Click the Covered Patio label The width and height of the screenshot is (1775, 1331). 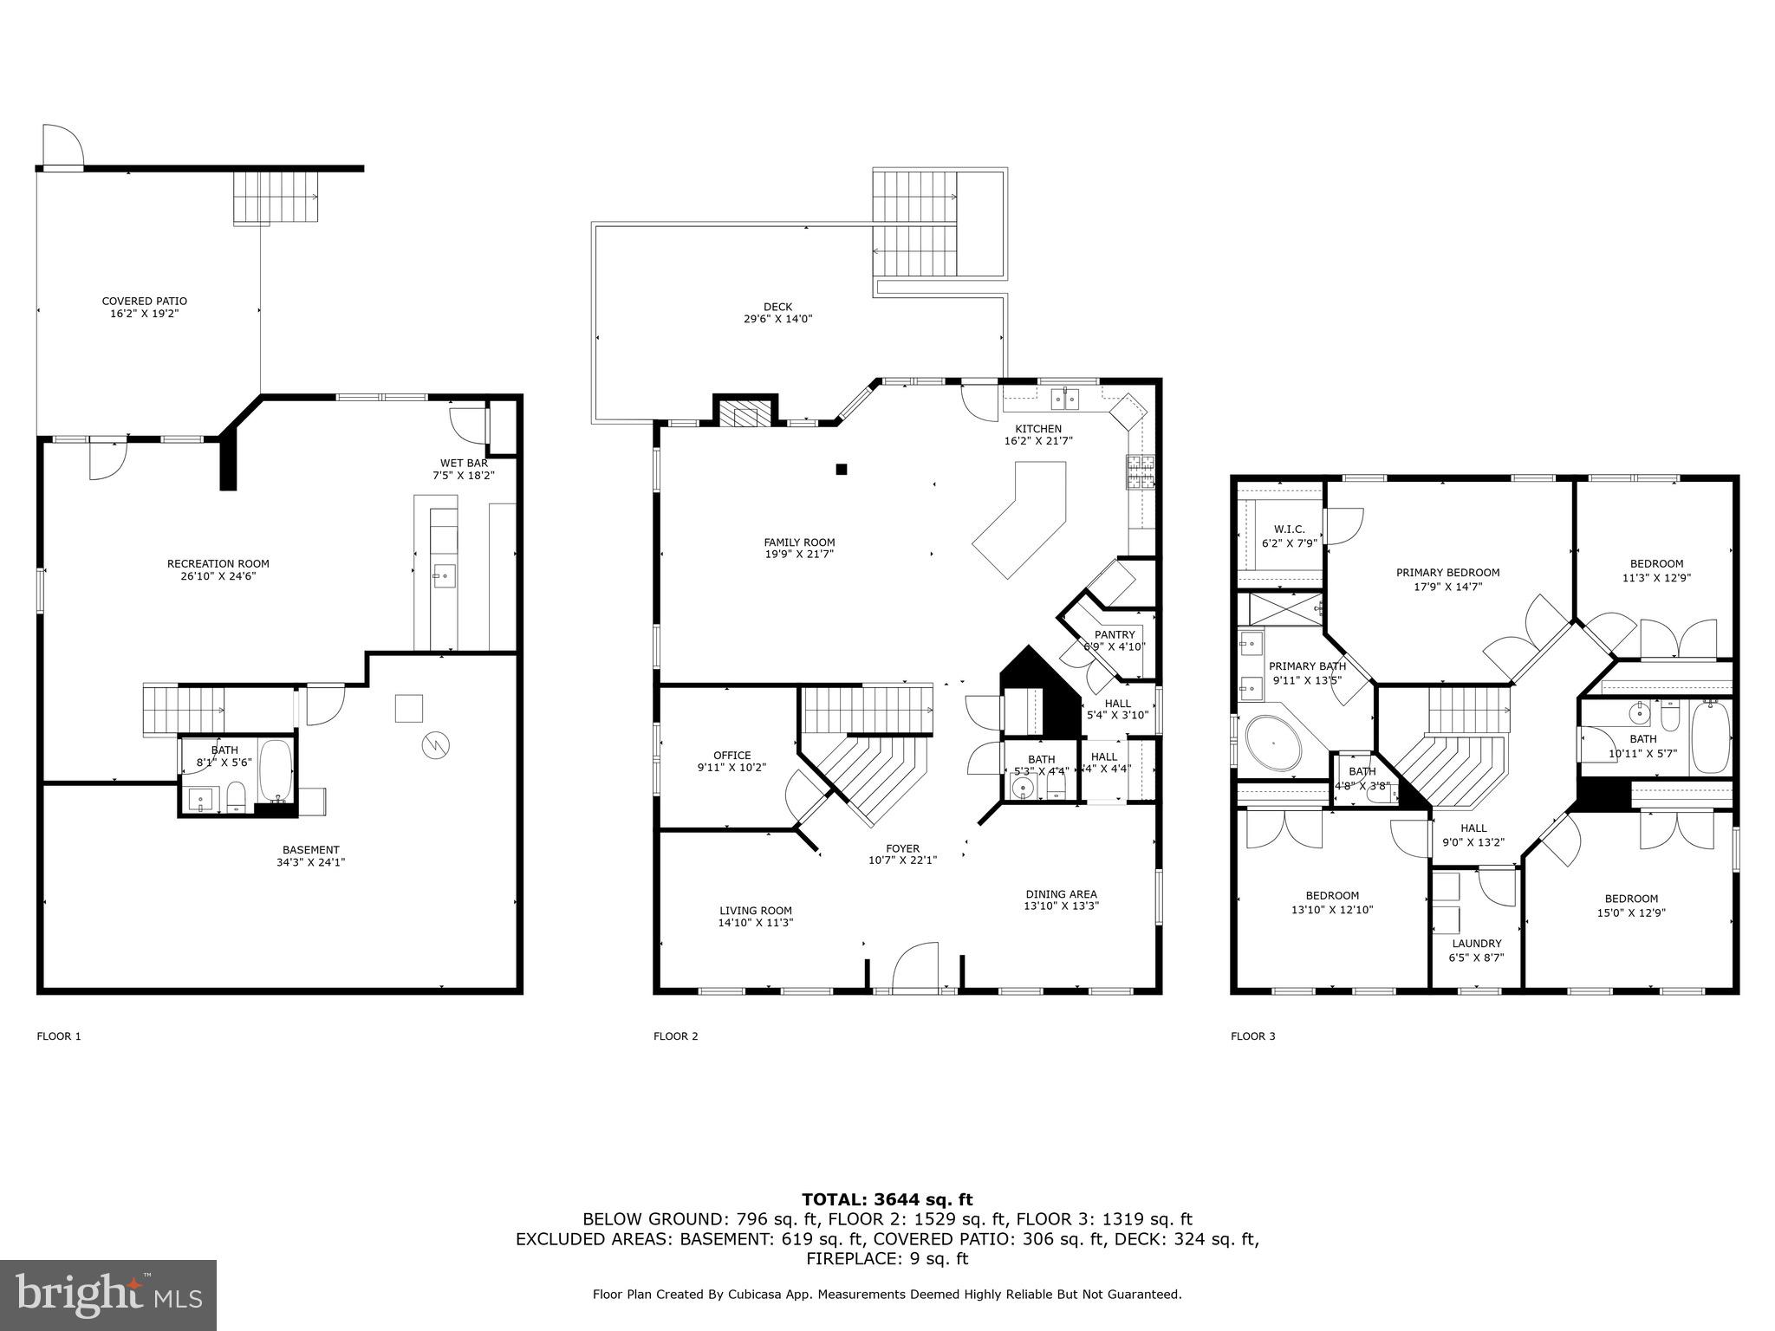tap(144, 302)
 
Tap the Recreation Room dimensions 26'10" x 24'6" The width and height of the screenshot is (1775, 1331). tap(218, 576)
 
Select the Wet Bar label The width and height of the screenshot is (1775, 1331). tap(464, 463)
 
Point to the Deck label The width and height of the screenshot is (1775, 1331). tap(777, 307)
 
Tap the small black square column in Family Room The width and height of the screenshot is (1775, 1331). tap(841, 470)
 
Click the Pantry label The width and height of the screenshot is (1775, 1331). tap(1114, 635)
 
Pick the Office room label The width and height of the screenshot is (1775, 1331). tap(731, 756)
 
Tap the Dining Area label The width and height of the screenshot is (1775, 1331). tap(1061, 894)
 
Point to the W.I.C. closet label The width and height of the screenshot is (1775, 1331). tap(1289, 529)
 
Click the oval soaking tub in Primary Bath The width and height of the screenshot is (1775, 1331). tap(1274, 744)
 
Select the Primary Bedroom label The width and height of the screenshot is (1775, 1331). tap(1447, 573)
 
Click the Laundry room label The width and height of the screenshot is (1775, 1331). tap(1477, 944)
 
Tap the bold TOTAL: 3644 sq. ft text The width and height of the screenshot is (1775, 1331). tap(887, 1200)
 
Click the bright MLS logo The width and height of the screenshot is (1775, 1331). tap(108, 1295)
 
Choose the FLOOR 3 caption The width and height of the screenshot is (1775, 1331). tap(1252, 1036)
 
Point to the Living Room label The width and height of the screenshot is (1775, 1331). tap(755, 911)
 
